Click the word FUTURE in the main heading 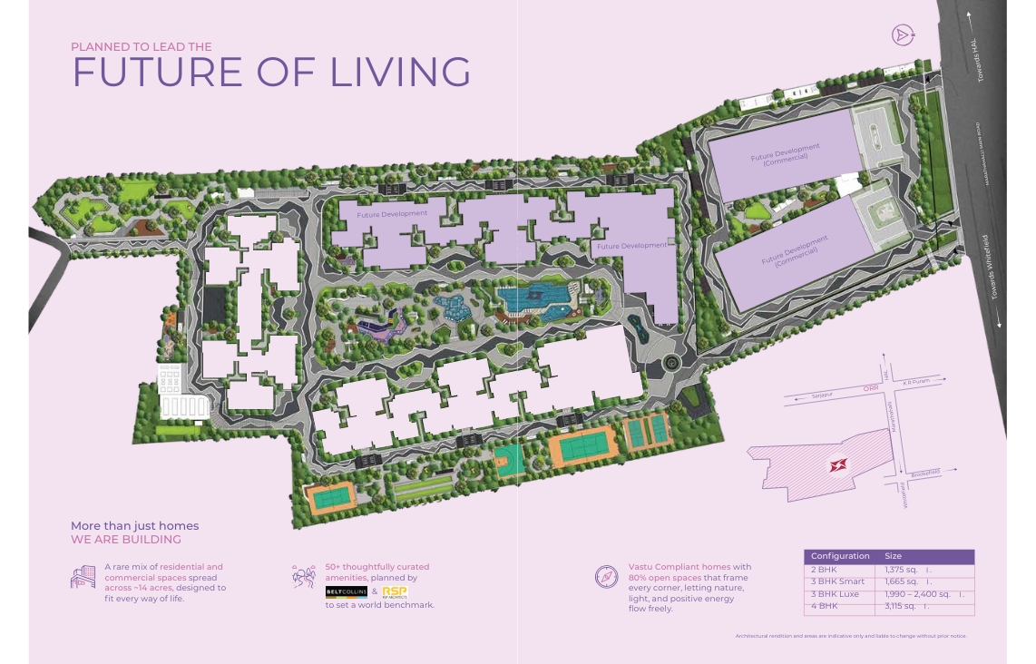click(156, 72)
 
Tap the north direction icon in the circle click(902, 35)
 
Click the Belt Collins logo click(346, 591)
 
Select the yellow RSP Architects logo click(395, 591)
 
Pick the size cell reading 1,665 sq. click(908, 581)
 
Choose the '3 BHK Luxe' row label click(835, 594)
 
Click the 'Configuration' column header click(840, 556)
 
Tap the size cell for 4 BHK click(908, 606)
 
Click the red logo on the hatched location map click(836, 465)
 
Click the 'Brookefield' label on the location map click(924, 473)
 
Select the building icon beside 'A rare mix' click(83, 576)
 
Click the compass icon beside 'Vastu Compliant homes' click(606, 576)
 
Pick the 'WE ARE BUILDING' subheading click(126, 540)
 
